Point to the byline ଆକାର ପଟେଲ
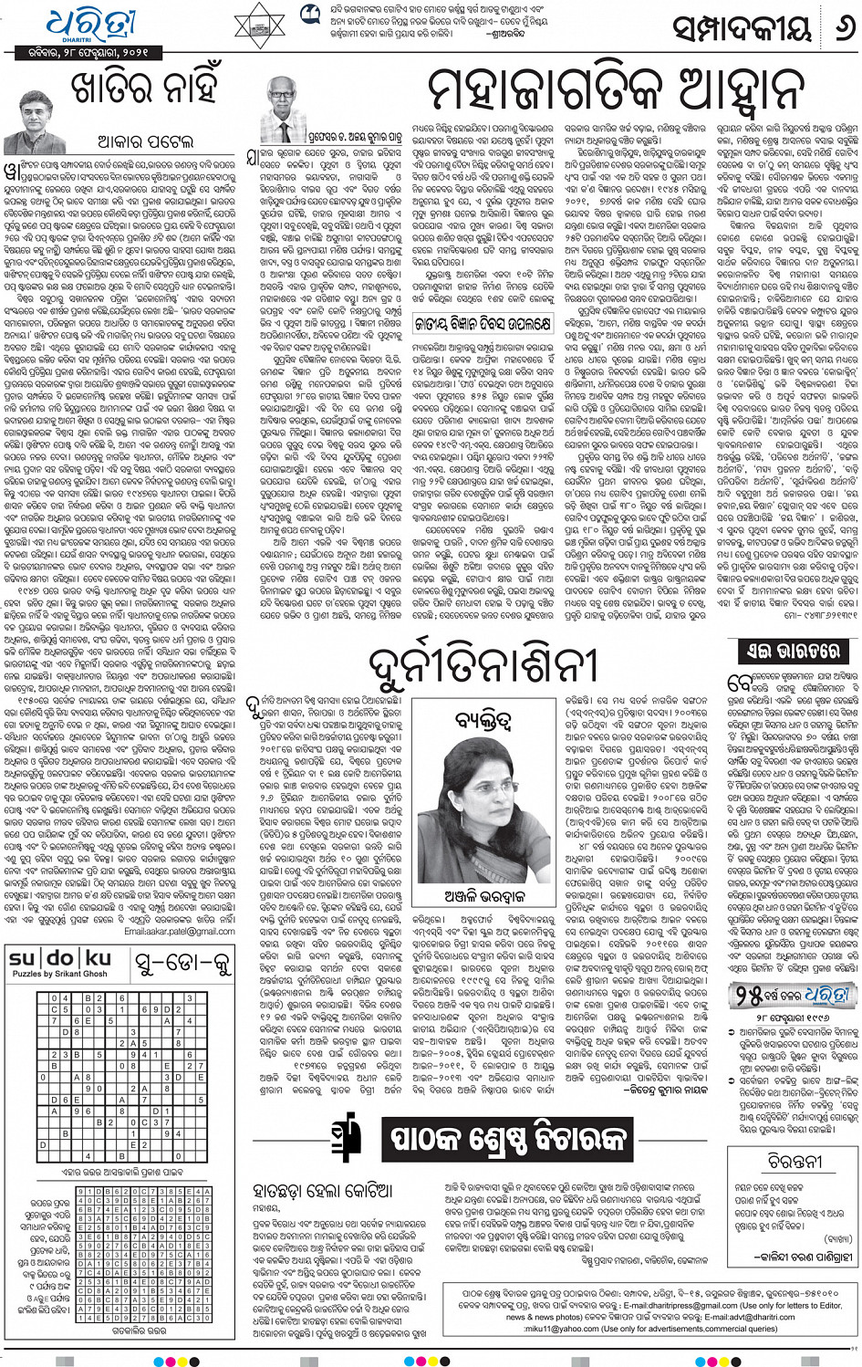[146, 141]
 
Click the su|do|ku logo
[60, 958]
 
